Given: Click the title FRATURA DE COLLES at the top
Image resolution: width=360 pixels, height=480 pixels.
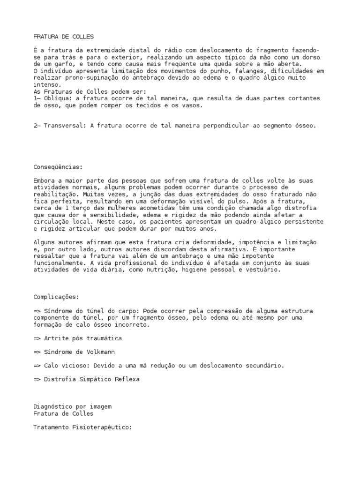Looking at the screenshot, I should tap(64, 37).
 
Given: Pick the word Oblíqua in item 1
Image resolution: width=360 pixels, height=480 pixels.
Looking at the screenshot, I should tap(57, 98).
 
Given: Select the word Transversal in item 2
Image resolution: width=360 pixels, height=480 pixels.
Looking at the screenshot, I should tap(64, 126).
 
